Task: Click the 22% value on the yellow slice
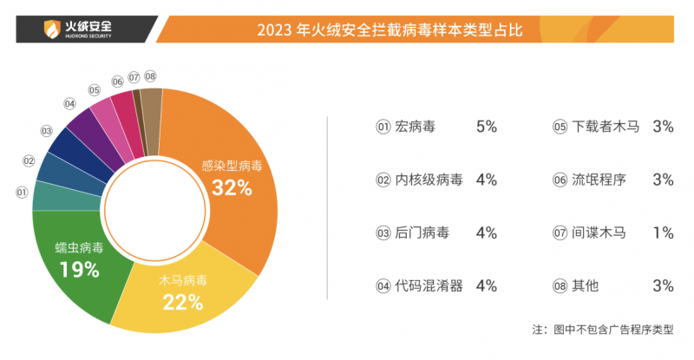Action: [x=183, y=303]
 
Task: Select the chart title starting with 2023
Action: [x=390, y=32]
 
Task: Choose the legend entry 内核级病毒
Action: [x=429, y=180]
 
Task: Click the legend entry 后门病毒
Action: [x=422, y=232]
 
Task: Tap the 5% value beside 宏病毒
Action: [x=486, y=127]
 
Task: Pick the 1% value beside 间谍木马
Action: [x=664, y=232]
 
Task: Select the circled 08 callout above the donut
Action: [x=150, y=76]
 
